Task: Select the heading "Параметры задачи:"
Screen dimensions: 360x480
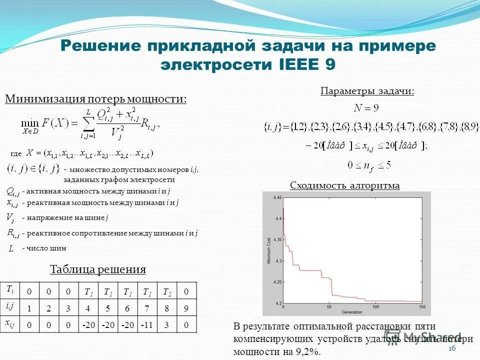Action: point(367,91)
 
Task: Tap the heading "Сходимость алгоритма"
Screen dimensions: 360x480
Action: point(345,185)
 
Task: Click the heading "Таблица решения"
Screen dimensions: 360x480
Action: point(98,269)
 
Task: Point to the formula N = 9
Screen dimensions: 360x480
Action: point(366,108)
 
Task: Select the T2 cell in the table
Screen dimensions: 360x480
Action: point(166,291)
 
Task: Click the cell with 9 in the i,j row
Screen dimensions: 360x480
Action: point(186,308)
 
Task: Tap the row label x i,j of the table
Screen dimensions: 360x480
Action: point(10,324)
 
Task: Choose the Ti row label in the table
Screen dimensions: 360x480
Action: point(10,290)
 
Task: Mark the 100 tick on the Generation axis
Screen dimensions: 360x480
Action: point(376,307)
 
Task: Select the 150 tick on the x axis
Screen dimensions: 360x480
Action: point(422,307)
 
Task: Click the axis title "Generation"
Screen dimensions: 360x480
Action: point(352,312)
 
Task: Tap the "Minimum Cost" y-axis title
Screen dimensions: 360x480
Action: point(268,251)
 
